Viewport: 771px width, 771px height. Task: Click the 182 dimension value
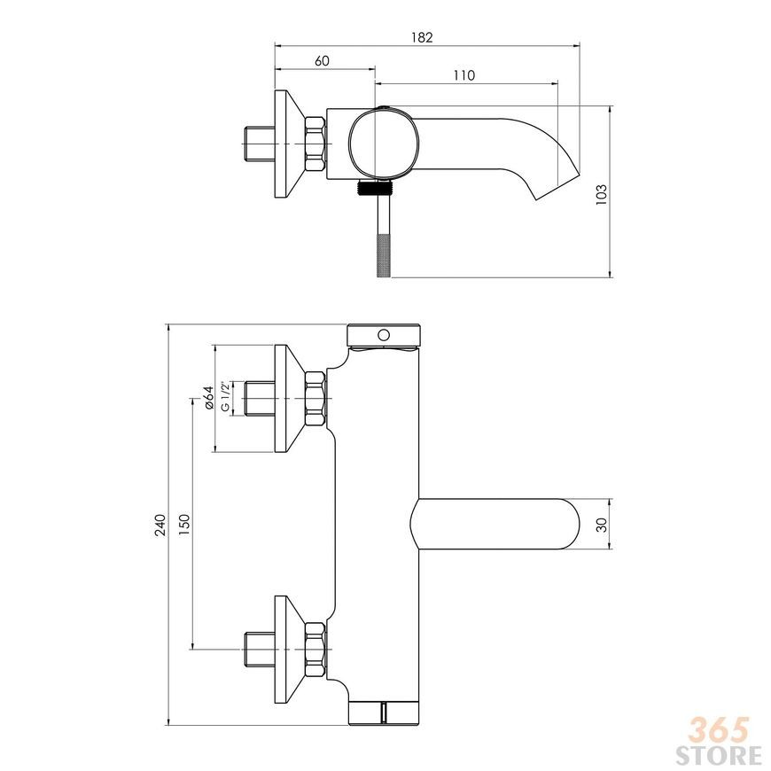point(422,37)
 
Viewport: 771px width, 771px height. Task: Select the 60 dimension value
point(322,61)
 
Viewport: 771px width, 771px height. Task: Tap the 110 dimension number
point(464,75)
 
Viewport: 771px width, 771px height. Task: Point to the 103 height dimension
point(602,195)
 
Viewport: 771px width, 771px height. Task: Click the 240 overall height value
point(160,525)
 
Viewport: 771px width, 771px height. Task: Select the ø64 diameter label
point(208,397)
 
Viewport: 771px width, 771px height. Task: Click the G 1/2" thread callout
point(225,396)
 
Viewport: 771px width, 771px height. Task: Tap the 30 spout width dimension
point(602,524)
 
